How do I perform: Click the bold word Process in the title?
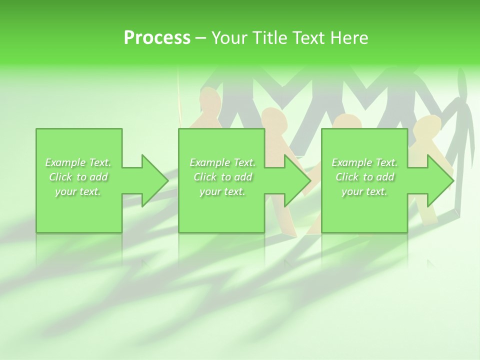pyautogui.click(x=157, y=37)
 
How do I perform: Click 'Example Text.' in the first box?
pyautogui.click(x=78, y=162)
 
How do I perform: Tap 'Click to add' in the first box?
pyautogui.click(x=78, y=177)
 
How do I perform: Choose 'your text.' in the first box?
pyautogui.click(x=78, y=191)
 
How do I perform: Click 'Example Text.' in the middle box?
pyautogui.click(x=222, y=162)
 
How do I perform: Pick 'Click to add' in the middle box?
pyautogui.click(x=222, y=177)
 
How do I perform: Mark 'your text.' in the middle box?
pyautogui.click(x=222, y=191)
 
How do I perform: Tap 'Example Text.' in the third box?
pyautogui.click(x=364, y=162)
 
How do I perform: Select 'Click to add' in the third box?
pyautogui.click(x=364, y=177)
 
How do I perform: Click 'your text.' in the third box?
pyautogui.click(x=364, y=191)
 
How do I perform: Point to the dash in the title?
pyautogui.click(x=201, y=38)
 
